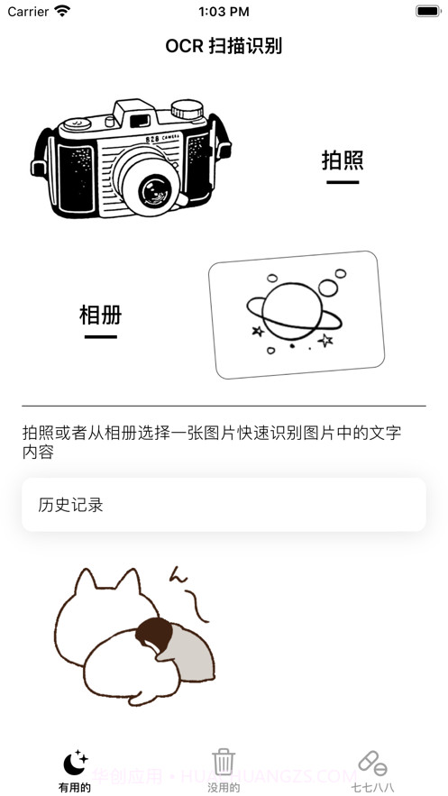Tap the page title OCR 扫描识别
(224, 46)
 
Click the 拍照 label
(343, 160)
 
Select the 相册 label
(100, 315)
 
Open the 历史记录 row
(224, 504)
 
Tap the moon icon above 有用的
(75, 763)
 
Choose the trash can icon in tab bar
(224, 762)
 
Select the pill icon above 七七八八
(372, 763)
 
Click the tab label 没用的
(224, 787)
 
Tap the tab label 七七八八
(372, 787)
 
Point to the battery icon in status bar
(427, 12)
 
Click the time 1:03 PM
(224, 12)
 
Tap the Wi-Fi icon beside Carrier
(62, 12)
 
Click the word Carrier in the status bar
(28, 12)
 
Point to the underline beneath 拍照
(343, 182)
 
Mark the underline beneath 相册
(100, 336)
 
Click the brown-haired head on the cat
(154, 635)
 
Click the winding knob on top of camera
(187, 108)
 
